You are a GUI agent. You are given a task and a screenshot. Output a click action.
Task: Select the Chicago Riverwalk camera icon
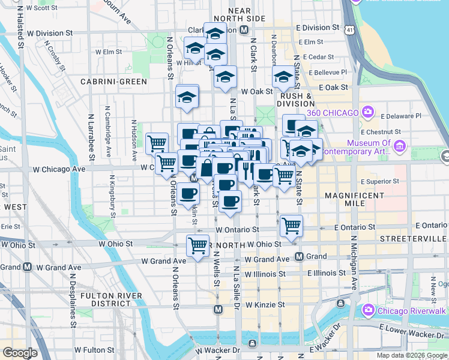(x=369, y=310)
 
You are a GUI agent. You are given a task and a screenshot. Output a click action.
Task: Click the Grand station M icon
(x=299, y=257)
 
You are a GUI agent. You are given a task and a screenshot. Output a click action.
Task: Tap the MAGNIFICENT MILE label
(x=354, y=199)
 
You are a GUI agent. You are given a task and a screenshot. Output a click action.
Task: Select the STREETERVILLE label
(x=414, y=239)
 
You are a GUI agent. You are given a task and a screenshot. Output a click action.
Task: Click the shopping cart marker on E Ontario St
(x=291, y=226)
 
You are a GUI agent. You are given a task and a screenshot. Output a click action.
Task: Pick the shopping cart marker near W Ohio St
(x=197, y=245)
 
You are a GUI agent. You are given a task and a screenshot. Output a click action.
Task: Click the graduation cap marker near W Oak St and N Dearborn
(x=284, y=77)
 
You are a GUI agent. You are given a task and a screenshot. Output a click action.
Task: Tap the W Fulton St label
(x=94, y=349)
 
